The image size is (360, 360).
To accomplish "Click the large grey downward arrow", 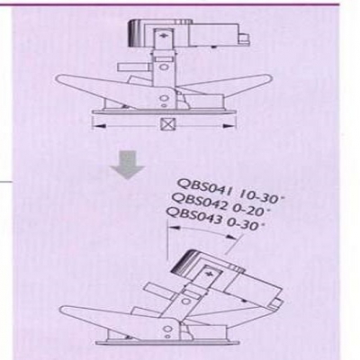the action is (x=127, y=165).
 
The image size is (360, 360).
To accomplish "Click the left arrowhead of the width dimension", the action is (x=98, y=125).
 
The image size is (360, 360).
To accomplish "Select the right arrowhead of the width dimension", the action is (x=229, y=126).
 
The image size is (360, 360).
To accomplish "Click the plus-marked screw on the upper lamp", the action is (x=164, y=36).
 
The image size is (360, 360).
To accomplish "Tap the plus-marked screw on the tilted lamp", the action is (x=209, y=274).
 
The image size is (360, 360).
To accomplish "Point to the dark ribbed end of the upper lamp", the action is (x=134, y=32).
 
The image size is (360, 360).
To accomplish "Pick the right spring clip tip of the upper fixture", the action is (x=268, y=78).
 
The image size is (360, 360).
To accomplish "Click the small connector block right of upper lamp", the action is (x=244, y=38).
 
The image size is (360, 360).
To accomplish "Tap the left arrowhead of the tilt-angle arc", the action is (x=174, y=228).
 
